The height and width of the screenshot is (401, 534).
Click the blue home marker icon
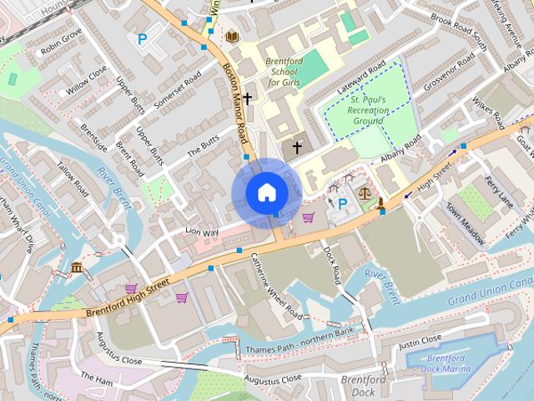(x=266, y=193)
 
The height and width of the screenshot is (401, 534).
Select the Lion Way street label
(x=201, y=231)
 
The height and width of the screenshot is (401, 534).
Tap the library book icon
(x=231, y=36)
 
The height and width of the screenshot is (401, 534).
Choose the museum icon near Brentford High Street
(x=77, y=267)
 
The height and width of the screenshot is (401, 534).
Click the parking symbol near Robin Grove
(x=143, y=38)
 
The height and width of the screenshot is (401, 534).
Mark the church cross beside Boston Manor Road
(x=248, y=99)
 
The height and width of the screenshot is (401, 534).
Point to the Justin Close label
(x=420, y=342)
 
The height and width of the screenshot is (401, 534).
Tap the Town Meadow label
(x=465, y=223)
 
